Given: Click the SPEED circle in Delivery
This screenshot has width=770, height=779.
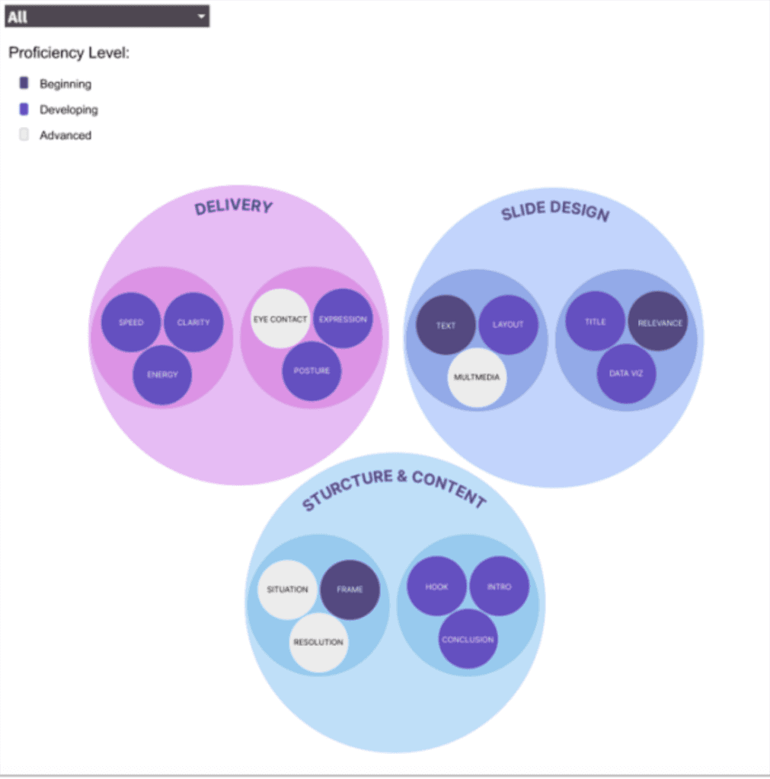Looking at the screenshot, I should pyautogui.click(x=131, y=323).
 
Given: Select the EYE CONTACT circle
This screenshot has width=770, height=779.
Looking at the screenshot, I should pyautogui.click(x=280, y=319).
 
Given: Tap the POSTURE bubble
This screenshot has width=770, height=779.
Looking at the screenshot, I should pyautogui.click(x=312, y=371).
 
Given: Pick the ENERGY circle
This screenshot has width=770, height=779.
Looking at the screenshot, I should pyautogui.click(x=162, y=374).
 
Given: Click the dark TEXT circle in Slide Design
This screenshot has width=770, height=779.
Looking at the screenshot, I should pyautogui.click(x=446, y=326).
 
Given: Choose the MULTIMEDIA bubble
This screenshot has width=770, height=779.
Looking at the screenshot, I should pyautogui.click(x=477, y=377).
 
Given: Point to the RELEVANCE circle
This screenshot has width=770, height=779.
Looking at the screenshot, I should pyautogui.click(x=657, y=323).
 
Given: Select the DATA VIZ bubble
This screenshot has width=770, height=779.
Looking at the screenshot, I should pyautogui.click(x=626, y=374).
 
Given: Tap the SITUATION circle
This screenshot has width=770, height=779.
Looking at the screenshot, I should pyautogui.click(x=287, y=590).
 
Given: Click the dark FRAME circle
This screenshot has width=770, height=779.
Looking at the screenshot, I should pyautogui.click(x=350, y=590).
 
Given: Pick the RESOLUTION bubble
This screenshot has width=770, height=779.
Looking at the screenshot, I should pyautogui.click(x=318, y=643).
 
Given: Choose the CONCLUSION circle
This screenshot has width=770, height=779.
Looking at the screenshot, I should pyautogui.click(x=468, y=640).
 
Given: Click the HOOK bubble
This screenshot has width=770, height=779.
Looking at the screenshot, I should pyautogui.click(x=436, y=587).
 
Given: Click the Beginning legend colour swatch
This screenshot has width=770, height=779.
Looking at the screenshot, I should pyautogui.click(x=24, y=83).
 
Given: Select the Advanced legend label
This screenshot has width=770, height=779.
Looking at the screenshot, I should pyautogui.click(x=65, y=135).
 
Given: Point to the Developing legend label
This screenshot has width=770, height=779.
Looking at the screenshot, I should pyautogui.click(x=69, y=110).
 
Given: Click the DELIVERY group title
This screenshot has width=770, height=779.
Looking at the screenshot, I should pyautogui.click(x=233, y=207).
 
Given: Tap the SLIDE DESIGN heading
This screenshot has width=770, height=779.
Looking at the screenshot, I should pyautogui.click(x=555, y=211).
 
